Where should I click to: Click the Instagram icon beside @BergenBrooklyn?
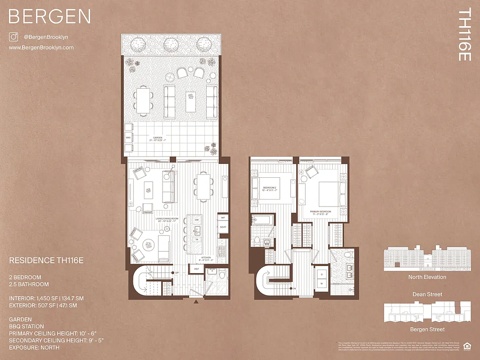[x=13, y=37]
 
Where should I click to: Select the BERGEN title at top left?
[x=50, y=17]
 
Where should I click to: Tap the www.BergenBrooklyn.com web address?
[x=41, y=47]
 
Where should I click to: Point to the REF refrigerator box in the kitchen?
[x=197, y=269]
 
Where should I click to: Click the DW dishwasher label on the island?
[x=197, y=220]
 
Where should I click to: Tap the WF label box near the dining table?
[x=222, y=217]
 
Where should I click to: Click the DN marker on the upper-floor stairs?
[x=294, y=288]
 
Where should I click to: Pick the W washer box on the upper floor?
[x=322, y=284]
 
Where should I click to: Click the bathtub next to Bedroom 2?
[x=262, y=220]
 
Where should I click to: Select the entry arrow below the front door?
[x=195, y=302]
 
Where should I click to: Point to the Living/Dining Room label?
[x=167, y=220]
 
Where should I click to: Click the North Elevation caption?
[x=427, y=277]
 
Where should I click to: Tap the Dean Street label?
[x=427, y=294]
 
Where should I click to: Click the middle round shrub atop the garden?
[x=170, y=44]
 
